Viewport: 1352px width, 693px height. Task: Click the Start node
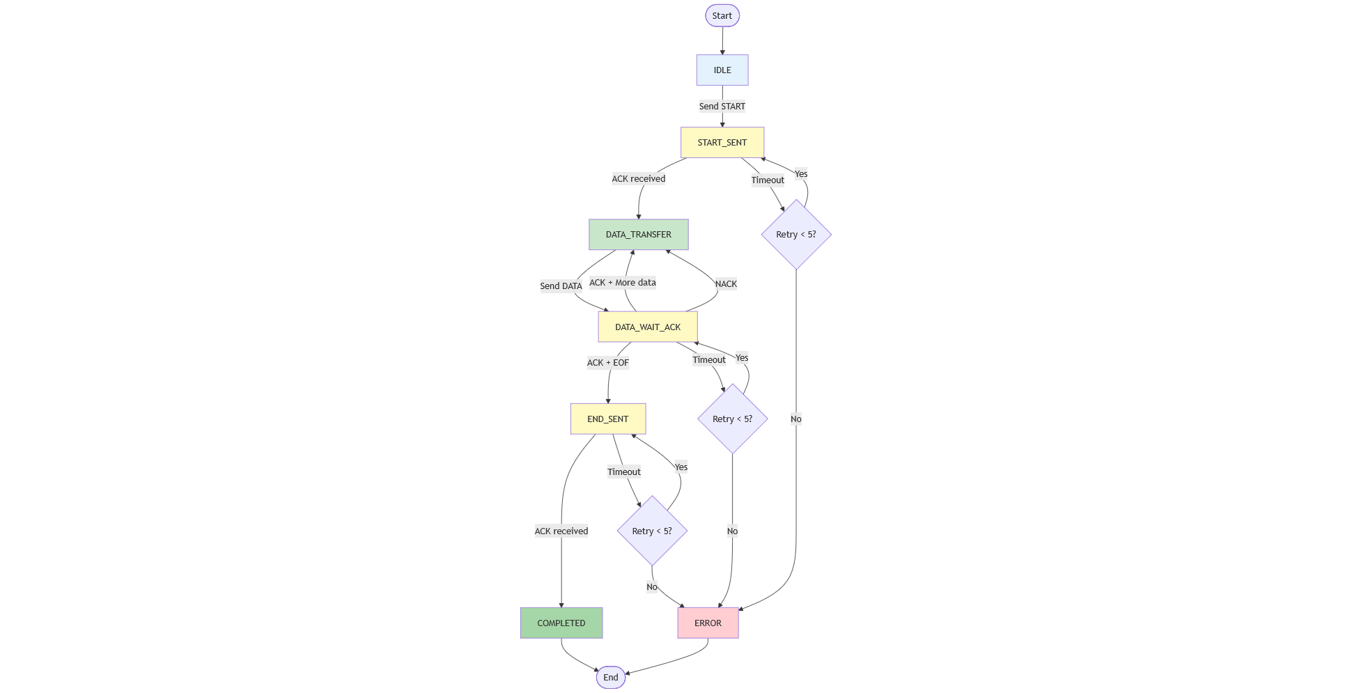click(722, 15)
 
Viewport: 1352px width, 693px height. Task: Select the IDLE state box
click(722, 70)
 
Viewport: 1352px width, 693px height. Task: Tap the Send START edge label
click(722, 107)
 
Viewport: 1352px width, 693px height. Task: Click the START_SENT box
click(722, 143)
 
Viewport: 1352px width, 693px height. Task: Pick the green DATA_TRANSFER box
click(639, 235)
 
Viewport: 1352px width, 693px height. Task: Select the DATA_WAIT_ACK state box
click(648, 327)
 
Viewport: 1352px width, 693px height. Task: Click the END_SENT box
click(608, 419)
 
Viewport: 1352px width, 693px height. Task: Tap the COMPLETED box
click(561, 623)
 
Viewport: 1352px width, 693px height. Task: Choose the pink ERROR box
click(708, 623)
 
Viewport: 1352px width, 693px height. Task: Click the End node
click(611, 677)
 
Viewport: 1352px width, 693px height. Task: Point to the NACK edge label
click(726, 284)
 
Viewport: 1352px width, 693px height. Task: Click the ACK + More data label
click(623, 283)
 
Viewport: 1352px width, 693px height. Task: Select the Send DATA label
click(561, 286)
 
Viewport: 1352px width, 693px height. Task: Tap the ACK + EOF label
click(608, 363)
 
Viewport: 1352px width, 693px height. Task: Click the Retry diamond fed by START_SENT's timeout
click(796, 235)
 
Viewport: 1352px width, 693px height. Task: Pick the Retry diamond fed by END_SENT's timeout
click(652, 531)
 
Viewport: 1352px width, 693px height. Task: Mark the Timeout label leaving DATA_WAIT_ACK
click(709, 360)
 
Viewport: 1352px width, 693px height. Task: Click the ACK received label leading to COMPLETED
click(561, 531)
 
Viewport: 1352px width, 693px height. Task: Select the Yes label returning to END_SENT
click(681, 467)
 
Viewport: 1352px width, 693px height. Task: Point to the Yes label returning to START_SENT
click(801, 174)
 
